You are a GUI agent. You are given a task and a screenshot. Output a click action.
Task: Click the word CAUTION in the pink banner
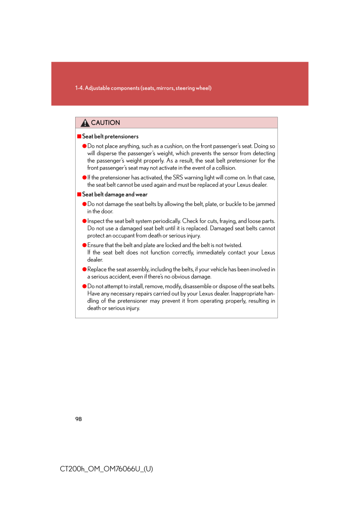tap(105, 123)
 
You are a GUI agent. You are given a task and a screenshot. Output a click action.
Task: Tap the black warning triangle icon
tap(86, 123)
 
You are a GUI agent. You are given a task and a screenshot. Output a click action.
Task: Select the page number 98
tap(78, 419)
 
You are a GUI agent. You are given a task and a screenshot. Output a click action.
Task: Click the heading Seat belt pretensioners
tap(110, 136)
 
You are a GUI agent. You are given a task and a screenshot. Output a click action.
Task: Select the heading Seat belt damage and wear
tap(115, 195)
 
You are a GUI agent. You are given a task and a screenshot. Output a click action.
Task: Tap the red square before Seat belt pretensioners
tap(78, 136)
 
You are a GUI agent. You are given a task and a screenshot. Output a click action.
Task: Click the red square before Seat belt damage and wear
tap(78, 195)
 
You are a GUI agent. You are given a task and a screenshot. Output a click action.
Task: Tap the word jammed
tap(265, 204)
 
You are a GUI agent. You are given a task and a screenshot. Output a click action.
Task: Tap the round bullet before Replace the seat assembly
tap(85, 269)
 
